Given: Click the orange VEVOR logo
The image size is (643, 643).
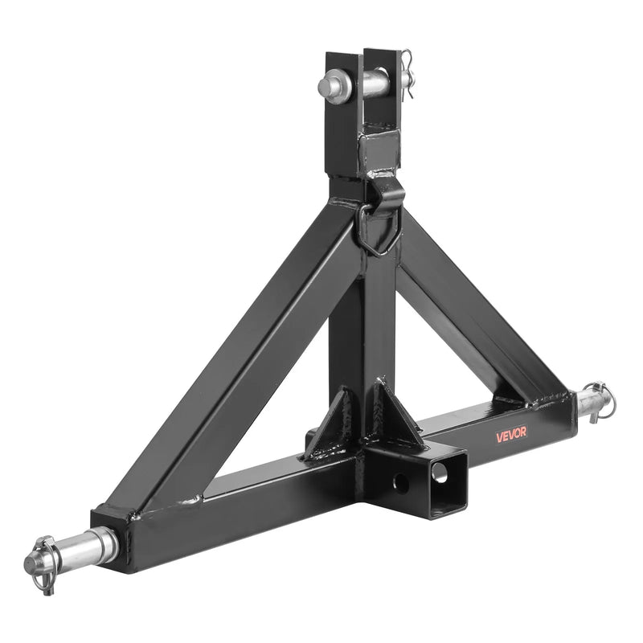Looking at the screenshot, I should [x=511, y=434].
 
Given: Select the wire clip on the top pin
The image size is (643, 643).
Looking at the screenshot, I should [x=408, y=75].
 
